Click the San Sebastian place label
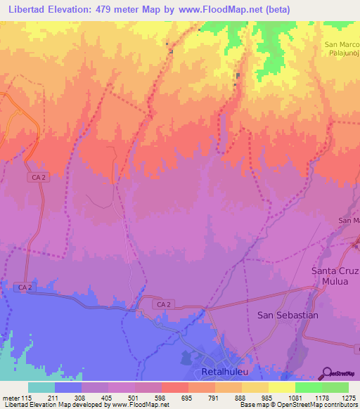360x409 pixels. point(288,316)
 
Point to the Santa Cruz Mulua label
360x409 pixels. point(335,276)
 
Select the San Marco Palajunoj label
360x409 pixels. point(341,51)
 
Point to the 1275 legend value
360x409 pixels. point(349,398)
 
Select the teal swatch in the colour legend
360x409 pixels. point(41,388)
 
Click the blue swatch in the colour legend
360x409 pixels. point(68,388)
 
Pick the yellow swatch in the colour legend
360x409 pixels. point(282,388)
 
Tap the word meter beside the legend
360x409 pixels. point(10,398)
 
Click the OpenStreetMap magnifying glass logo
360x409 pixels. point(326,373)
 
